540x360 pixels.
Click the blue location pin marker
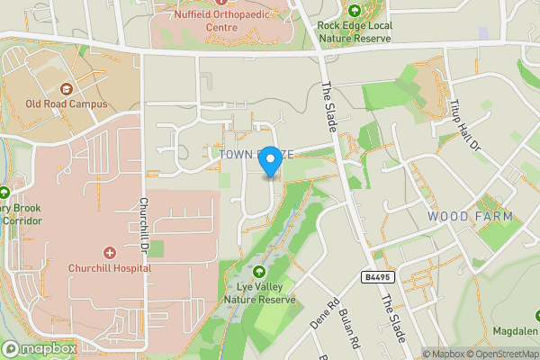point(269,163)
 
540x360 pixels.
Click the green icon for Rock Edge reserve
point(355,11)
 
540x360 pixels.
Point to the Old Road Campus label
point(67,103)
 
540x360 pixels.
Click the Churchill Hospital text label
point(110,267)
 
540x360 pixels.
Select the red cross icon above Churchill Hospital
point(110,253)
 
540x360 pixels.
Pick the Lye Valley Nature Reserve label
point(260,293)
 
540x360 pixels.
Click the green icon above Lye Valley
point(260,272)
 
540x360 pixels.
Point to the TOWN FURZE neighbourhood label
point(255,155)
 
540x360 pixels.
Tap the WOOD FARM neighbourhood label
point(470,216)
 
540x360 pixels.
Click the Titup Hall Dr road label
point(463,125)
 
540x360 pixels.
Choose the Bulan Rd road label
point(350,328)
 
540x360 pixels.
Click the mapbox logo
point(39,348)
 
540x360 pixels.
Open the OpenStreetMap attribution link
point(497,354)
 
